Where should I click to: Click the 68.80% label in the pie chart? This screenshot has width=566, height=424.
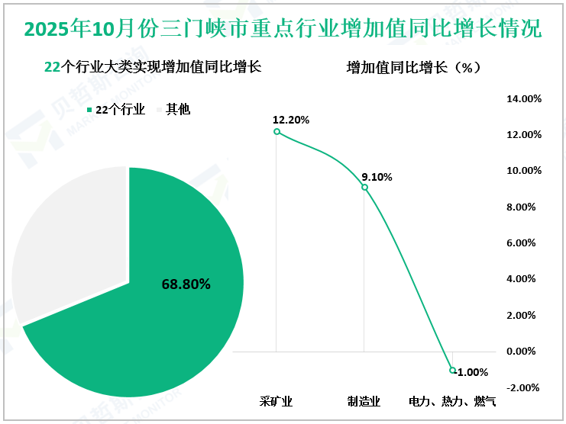tap(186, 284)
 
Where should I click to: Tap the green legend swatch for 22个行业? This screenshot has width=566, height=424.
tap(89, 110)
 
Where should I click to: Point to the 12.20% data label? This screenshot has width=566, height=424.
tap(291, 120)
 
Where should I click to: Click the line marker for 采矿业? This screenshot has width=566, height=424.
tap(277, 132)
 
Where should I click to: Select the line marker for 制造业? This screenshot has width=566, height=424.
tap(364, 188)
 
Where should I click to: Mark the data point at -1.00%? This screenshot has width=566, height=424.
tap(452, 370)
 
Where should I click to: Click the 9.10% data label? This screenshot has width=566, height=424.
tap(377, 177)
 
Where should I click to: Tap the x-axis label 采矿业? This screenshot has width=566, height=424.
tap(276, 400)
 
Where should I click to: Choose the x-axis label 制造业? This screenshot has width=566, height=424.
tap(364, 400)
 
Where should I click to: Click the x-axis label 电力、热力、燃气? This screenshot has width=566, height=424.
tap(452, 400)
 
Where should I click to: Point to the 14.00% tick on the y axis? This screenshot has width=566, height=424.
tap(524, 98)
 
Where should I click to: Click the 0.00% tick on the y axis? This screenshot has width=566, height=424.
tap(526, 352)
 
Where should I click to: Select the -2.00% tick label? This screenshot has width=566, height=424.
tap(525, 387)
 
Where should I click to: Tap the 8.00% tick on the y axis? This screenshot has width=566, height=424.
tap(526, 207)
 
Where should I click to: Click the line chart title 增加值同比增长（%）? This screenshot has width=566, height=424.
tap(413, 67)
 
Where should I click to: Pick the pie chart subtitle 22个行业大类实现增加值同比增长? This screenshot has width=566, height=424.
tap(153, 67)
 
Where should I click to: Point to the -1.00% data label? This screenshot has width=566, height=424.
tap(473, 372)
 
